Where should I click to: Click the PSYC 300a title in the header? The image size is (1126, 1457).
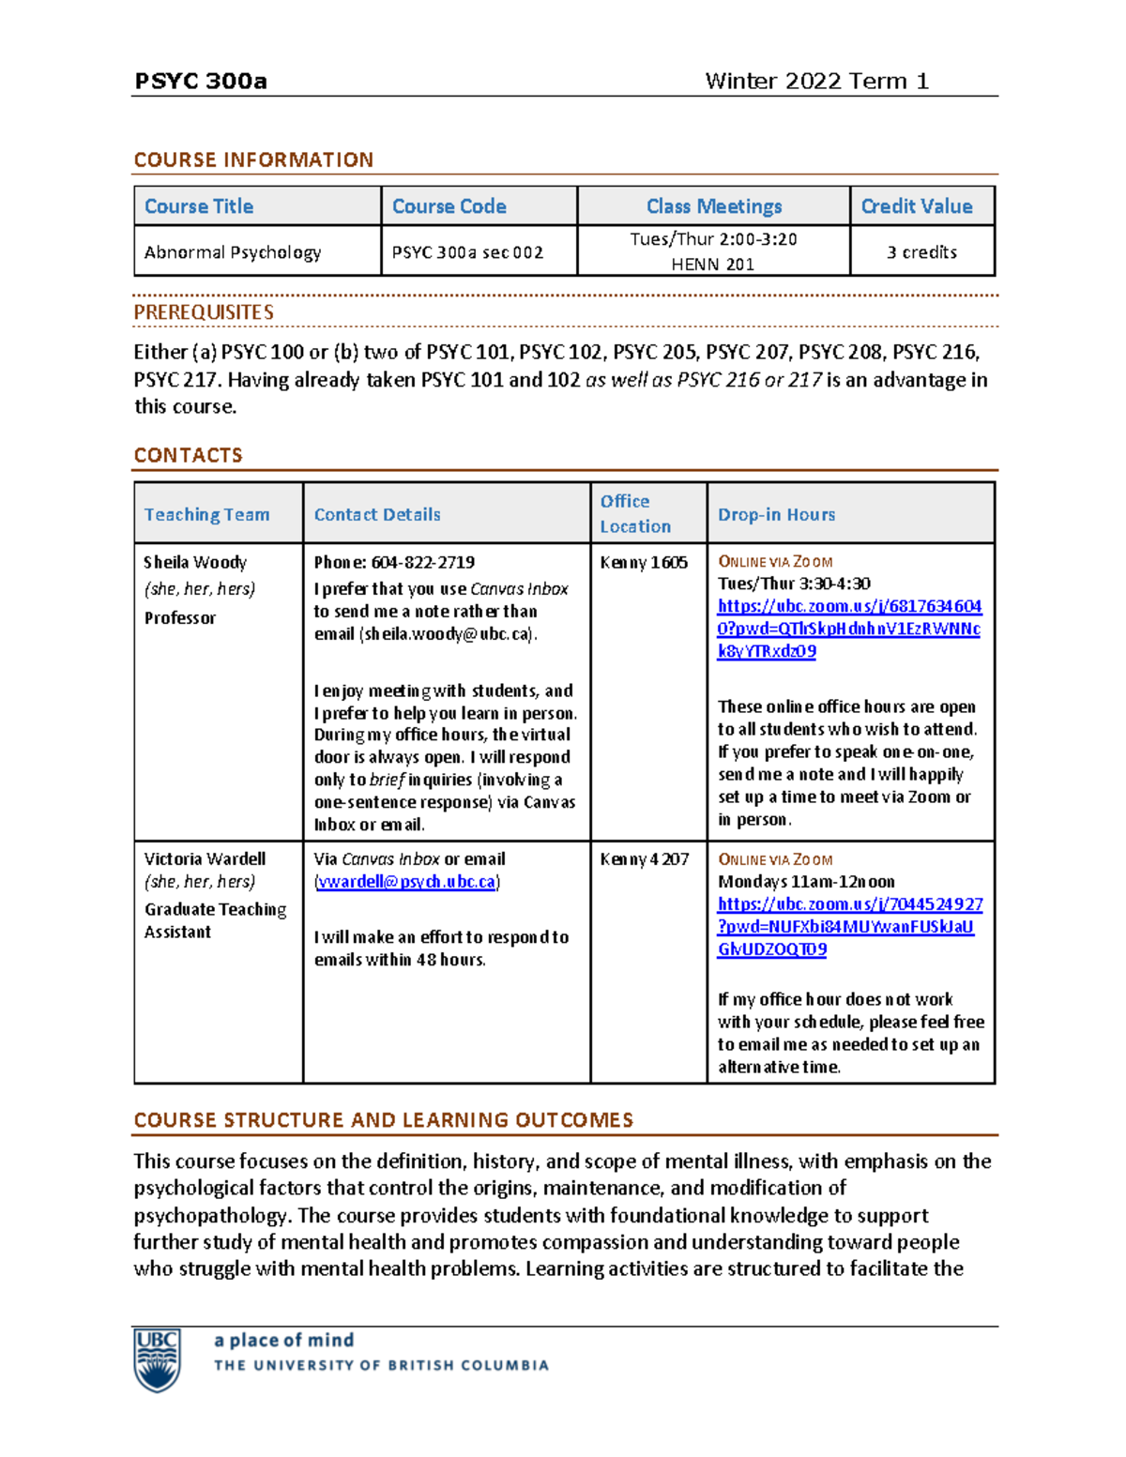(201, 82)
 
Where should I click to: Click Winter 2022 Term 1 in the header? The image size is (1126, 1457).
(816, 82)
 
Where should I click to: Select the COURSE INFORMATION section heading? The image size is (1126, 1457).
(253, 159)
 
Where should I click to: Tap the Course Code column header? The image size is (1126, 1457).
(449, 206)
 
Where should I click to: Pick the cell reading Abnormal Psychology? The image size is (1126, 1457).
(233, 252)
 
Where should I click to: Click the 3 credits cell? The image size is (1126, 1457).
(921, 252)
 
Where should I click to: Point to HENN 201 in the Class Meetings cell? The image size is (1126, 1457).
(712, 265)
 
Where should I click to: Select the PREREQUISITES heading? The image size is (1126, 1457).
(204, 312)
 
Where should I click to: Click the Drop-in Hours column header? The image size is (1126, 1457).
(776, 514)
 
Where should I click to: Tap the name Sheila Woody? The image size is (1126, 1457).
(195, 562)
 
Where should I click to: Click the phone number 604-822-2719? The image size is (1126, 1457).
(422, 562)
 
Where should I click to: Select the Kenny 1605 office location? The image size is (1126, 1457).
(644, 562)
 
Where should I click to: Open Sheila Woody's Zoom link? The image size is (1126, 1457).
(848, 629)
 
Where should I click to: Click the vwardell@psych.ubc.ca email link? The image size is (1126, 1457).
(406, 882)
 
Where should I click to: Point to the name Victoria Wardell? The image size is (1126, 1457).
(205, 858)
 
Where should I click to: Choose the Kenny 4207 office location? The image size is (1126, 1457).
(644, 858)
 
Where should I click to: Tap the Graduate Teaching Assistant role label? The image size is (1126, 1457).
(215, 920)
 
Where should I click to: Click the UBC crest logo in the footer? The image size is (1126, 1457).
(157, 1359)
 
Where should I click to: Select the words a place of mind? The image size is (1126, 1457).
(283, 1340)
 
